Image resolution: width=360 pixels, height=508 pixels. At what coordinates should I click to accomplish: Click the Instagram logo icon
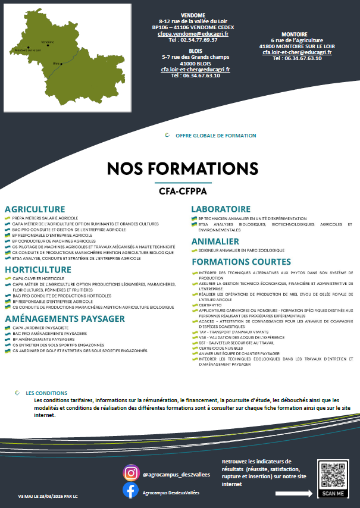pyautogui.click(x=131, y=473)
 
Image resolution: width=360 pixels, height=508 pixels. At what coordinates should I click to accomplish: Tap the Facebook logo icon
pyautogui.click(x=131, y=491)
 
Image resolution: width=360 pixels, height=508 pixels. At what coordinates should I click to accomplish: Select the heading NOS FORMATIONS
pyautogui.click(x=183, y=168)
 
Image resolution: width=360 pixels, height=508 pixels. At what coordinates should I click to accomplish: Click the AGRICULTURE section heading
pyautogui.click(x=35, y=209)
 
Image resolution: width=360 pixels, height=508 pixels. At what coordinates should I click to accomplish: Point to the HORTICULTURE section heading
pyautogui.click(x=38, y=269)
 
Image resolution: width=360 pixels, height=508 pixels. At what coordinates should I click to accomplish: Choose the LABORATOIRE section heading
pyautogui.click(x=221, y=209)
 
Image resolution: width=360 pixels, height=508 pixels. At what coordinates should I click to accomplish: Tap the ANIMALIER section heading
pyautogui.click(x=215, y=242)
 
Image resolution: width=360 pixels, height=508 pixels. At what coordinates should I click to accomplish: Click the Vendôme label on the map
pyautogui.click(x=48, y=42)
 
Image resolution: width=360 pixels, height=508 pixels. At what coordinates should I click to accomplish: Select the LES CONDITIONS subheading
pyautogui.click(x=47, y=393)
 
